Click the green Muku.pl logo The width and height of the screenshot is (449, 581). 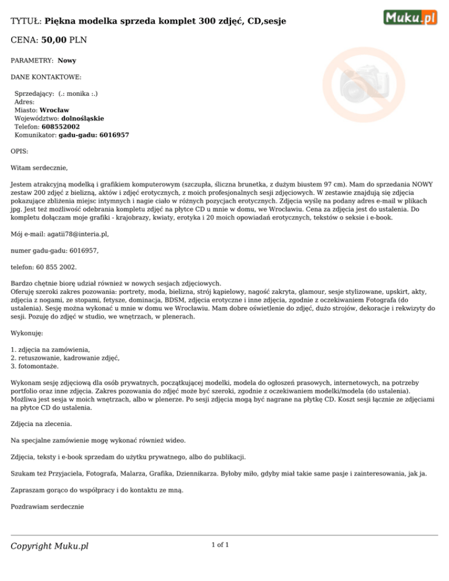point(410,17)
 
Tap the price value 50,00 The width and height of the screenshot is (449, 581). point(55,40)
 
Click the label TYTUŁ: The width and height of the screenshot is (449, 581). point(26,22)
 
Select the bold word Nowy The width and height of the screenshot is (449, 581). point(67,60)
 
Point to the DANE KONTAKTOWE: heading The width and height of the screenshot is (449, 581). point(46,77)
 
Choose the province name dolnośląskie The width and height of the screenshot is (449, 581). point(82,118)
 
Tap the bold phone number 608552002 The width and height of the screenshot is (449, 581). point(61,126)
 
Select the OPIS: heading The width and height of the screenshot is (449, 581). point(20,151)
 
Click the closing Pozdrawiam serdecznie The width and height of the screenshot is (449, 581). point(48,507)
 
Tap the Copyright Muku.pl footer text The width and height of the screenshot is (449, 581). point(50,546)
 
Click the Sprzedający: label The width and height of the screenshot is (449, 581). point(34,94)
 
